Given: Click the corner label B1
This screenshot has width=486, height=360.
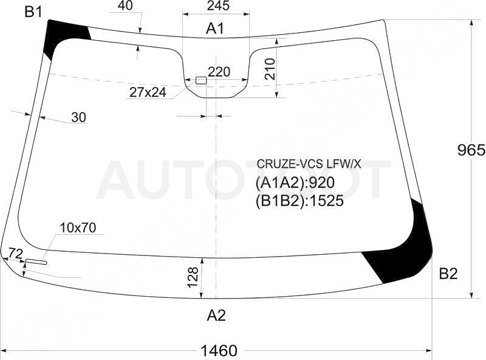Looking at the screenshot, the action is (33, 12).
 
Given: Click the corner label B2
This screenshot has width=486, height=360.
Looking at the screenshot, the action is (448, 274).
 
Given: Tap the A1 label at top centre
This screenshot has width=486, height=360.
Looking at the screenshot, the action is (215, 29).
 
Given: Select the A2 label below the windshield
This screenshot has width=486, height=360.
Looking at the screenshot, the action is (216, 316).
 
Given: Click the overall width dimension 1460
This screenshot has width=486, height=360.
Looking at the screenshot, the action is (219, 351).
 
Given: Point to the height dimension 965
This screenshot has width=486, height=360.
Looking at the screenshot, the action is (471, 150).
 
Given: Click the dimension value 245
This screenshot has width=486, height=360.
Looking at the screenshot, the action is (218, 5).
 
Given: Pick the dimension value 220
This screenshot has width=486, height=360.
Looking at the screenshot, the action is (219, 72).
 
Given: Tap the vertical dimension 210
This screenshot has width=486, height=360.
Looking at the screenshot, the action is (270, 69).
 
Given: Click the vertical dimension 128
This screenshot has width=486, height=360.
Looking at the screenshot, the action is (193, 277).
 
